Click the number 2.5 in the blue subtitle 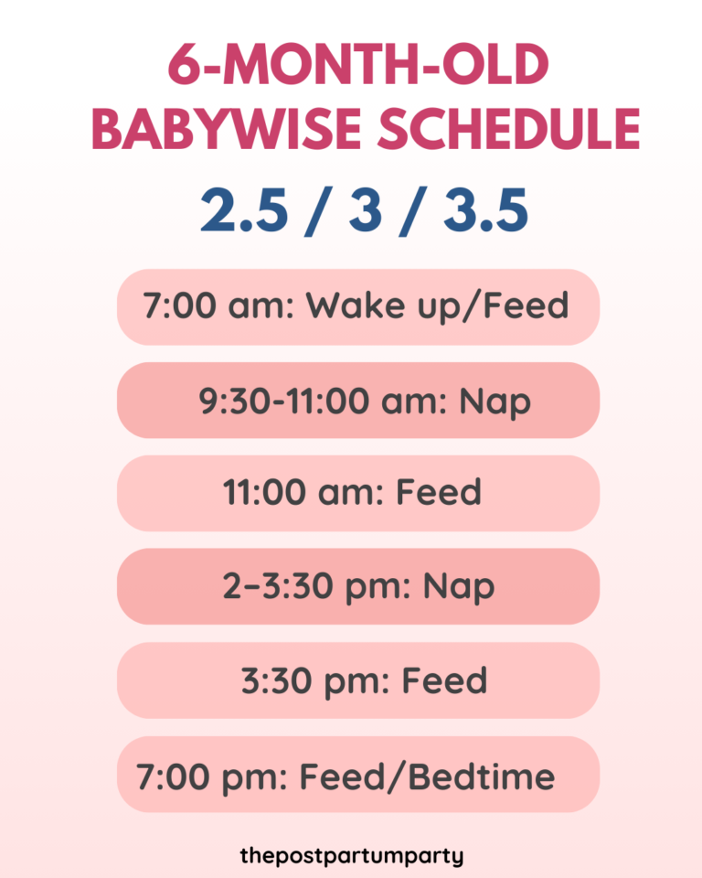coord(242,211)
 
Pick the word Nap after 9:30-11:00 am coord(495,402)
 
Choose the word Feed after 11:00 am coord(438,493)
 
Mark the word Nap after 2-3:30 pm coord(459,587)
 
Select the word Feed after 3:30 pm coord(445,680)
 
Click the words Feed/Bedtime coord(427,776)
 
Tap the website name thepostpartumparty coord(352,856)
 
